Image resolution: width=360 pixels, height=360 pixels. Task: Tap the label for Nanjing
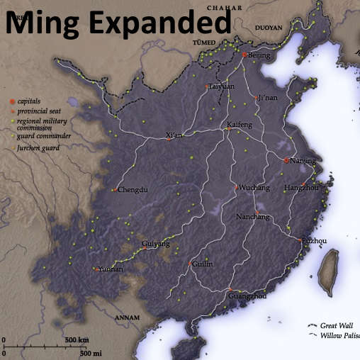point(303,161)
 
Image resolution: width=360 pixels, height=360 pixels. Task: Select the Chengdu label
point(133,190)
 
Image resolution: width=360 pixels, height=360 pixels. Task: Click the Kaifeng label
point(239,125)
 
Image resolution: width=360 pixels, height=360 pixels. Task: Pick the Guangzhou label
point(247,296)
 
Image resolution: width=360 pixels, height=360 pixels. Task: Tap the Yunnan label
point(111,269)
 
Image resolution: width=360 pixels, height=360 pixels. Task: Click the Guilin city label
point(202,264)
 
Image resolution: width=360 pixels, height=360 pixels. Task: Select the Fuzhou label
point(314,242)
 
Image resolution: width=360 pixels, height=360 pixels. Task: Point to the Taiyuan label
point(222,86)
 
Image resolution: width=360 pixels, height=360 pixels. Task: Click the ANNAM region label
point(128,317)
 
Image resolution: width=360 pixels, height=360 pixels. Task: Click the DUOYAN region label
point(268,28)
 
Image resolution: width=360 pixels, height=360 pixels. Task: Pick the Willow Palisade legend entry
point(339,335)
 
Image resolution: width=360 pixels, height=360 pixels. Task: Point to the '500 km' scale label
point(77,341)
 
